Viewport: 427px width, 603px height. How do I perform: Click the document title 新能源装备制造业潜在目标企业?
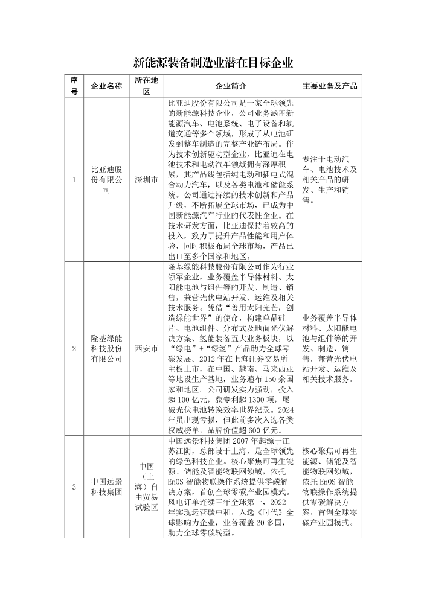pos(213,63)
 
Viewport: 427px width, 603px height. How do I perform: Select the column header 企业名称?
pos(106,86)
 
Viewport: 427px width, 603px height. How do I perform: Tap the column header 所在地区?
pos(146,86)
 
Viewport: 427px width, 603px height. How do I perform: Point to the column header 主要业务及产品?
pos(330,86)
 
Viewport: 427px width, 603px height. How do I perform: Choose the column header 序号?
pos(74,86)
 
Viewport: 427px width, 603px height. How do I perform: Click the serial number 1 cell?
pos(74,180)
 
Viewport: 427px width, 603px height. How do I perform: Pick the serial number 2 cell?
pos(74,349)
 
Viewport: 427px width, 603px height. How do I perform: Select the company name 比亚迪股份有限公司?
pos(106,180)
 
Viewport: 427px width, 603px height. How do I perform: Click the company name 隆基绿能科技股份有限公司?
pos(106,349)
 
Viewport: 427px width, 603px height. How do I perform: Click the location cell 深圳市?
pos(146,180)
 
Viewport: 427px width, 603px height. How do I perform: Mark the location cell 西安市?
pos(146,349)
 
